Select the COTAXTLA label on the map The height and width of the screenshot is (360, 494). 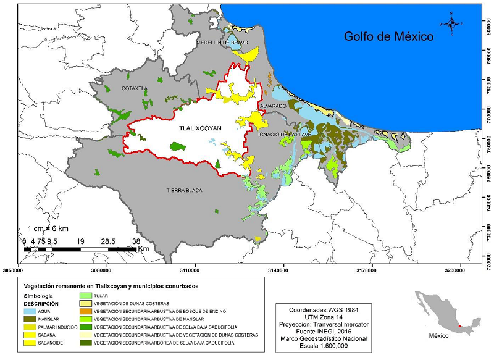tap(134, 88)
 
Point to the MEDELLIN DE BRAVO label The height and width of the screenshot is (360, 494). tap(222, 43)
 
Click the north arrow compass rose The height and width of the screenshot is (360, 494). tap(452, 23)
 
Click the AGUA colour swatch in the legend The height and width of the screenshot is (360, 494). tap(29, 312)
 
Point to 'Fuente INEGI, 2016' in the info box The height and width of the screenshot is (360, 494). tap(322, 332)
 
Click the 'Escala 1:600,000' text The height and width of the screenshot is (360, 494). tap(322, 347)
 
